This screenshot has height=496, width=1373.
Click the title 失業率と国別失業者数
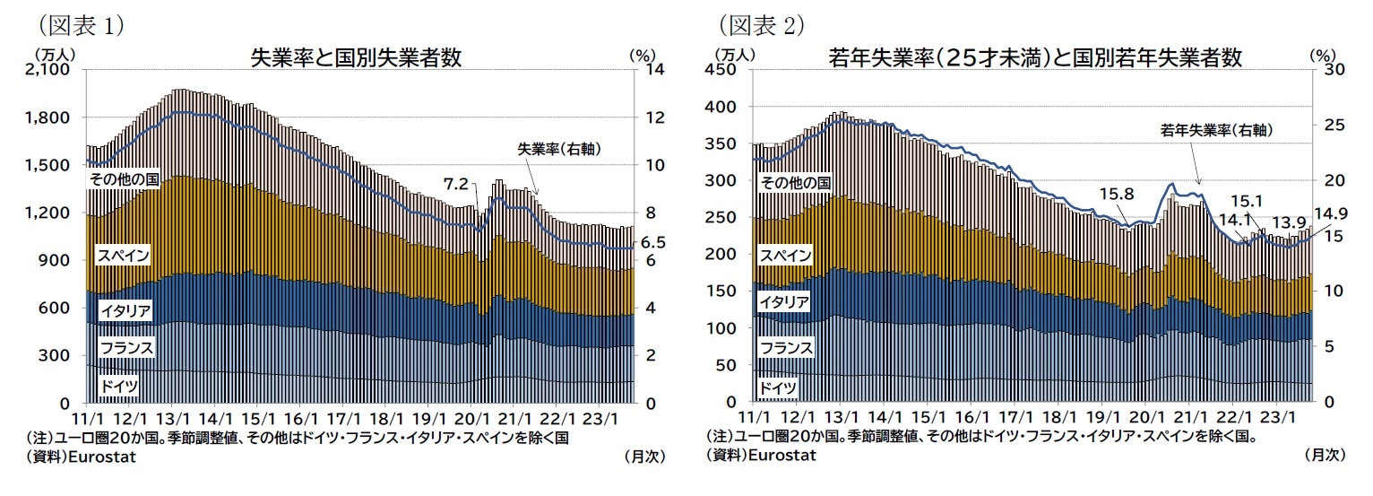357,57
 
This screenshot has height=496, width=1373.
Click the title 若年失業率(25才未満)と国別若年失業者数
1035,57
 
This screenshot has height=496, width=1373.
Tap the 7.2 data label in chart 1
456,184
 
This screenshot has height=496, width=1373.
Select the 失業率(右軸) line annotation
557,149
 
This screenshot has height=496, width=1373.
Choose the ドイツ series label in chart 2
775,387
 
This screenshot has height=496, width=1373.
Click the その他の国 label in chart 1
123,180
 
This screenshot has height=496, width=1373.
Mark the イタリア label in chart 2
784,301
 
